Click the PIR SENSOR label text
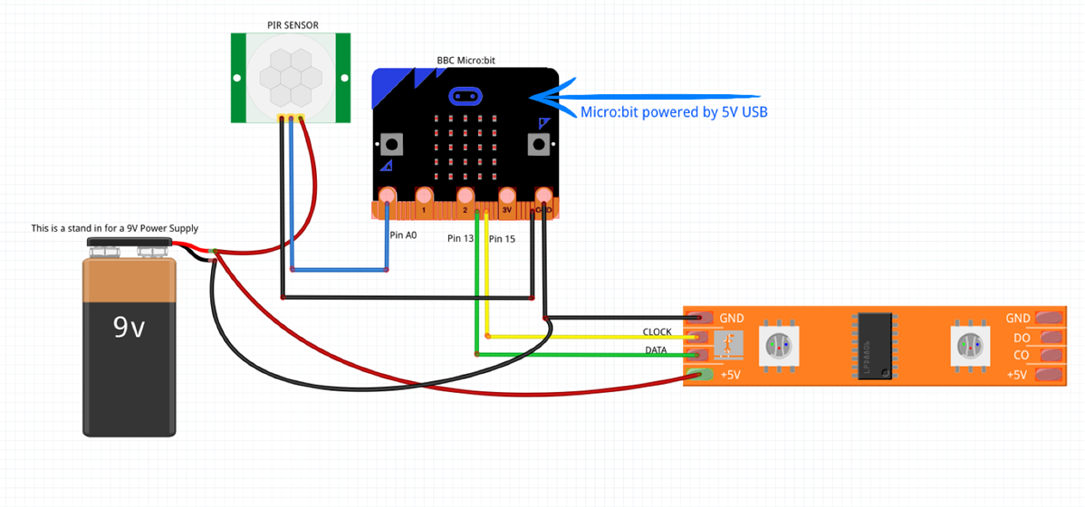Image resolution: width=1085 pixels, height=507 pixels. coord(293,24)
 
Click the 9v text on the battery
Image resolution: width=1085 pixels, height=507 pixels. coord(129,327)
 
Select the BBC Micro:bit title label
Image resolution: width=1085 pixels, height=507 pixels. coord(466,61)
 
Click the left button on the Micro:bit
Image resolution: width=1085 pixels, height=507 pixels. coord(392,144)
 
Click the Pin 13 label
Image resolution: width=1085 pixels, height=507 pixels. coord(460,239)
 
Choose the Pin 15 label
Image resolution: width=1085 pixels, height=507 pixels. coord(502,239)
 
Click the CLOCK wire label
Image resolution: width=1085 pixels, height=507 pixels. coord(657,332)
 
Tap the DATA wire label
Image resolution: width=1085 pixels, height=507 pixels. coord(657,350)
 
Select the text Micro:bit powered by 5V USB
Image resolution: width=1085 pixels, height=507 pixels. coord(674,112)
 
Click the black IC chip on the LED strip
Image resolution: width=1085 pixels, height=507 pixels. coord(874,345)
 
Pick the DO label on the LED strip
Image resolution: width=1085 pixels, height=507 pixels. coord(1021,338)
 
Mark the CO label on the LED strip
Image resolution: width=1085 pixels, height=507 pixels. coord(1021,356)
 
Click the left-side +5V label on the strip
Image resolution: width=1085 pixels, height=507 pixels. coord(731,374)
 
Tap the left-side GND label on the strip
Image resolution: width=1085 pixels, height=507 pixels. coord(731,319)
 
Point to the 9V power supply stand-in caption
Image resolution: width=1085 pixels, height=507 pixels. coord(114,228)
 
